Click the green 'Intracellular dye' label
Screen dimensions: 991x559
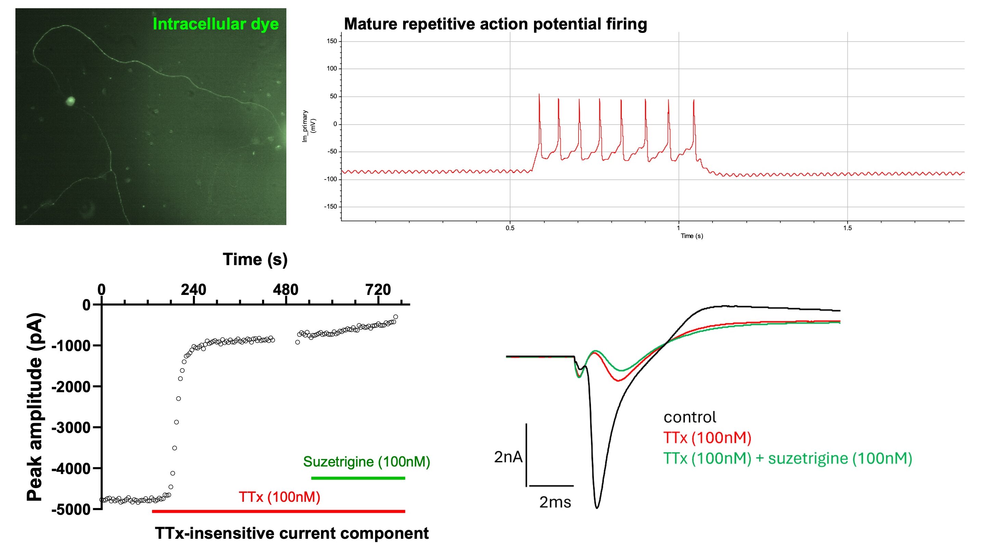(216, 24)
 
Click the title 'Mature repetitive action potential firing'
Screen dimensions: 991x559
(495, 24)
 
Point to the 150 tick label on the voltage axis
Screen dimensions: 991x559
(332, 41)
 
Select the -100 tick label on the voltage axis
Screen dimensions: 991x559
(331, 179)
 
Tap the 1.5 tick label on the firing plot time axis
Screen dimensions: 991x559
(847, 228)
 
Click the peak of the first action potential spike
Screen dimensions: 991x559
(539, 94)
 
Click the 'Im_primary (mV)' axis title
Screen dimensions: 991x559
(309, 126)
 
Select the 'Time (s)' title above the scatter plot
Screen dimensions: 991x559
(255, 260)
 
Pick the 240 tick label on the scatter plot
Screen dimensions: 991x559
(194, 289)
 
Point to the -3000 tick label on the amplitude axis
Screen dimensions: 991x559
(71, 427)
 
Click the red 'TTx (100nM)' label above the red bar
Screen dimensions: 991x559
(280, 497)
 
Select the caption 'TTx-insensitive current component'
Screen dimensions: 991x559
(292, 533)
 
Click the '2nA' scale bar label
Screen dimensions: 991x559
(508, 457)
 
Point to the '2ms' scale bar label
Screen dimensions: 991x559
(555, 502)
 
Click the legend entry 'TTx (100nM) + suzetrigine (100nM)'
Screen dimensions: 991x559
(788, 458)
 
